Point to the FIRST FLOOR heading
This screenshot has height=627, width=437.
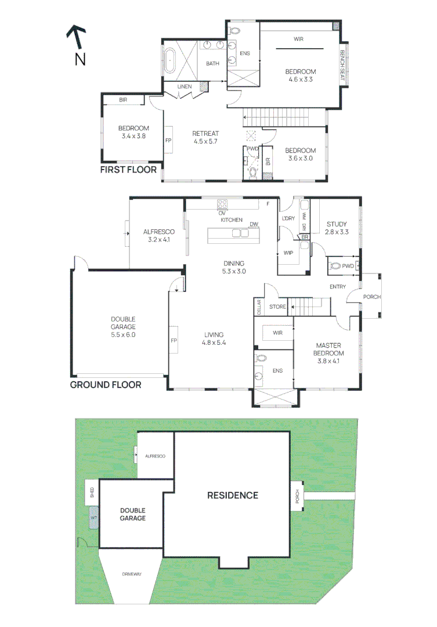click(x=128, y=170)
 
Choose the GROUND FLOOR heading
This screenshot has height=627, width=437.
click(x=105, y=384)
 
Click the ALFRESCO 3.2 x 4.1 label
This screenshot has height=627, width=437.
click(x=158, y=235)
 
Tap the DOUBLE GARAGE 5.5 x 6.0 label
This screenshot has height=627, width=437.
click(x=123, y=327)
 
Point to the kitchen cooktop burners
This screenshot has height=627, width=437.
click(x=222, y=204)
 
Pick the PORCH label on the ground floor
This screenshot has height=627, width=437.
click(x=372, y=297)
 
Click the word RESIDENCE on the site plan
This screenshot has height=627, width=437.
click(x=233, y=495)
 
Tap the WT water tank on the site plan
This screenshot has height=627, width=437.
click(x=93, y=517)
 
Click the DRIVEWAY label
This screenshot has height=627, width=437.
click(x=131, y=574)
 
